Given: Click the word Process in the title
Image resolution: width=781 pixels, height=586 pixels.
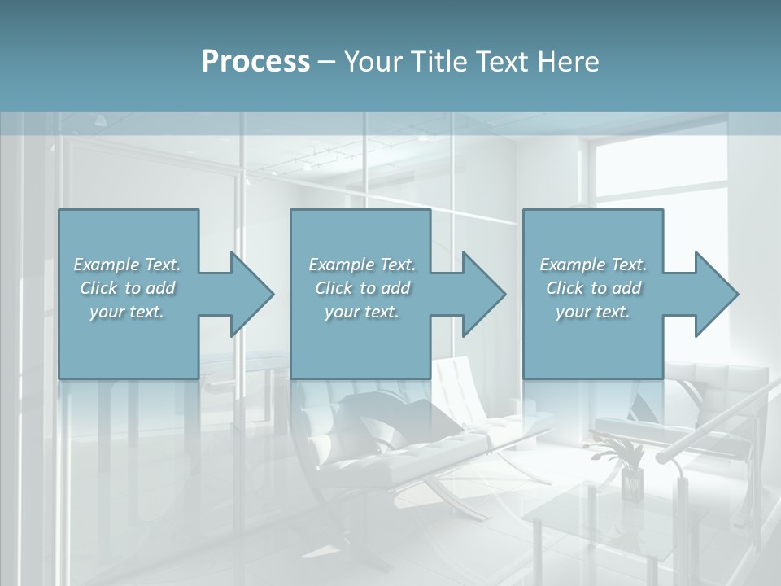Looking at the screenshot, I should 255,62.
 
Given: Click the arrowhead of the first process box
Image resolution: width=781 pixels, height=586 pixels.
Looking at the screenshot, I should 252,294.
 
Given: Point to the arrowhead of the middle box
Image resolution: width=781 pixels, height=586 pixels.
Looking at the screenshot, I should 484,294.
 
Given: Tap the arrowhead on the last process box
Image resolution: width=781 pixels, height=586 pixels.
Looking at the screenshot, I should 717,294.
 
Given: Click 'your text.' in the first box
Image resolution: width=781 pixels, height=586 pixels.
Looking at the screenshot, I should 127,312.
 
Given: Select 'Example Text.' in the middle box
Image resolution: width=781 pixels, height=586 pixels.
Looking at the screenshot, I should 362,265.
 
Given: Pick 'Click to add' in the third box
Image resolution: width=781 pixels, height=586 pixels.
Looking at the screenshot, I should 593,288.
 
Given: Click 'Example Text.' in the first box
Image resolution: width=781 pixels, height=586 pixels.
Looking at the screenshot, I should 127,265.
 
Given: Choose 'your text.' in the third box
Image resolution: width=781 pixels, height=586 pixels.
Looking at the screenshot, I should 593,312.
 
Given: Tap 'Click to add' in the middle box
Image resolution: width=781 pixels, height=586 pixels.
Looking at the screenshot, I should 362,288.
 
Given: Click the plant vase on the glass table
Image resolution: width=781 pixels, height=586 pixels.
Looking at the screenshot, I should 631,482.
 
